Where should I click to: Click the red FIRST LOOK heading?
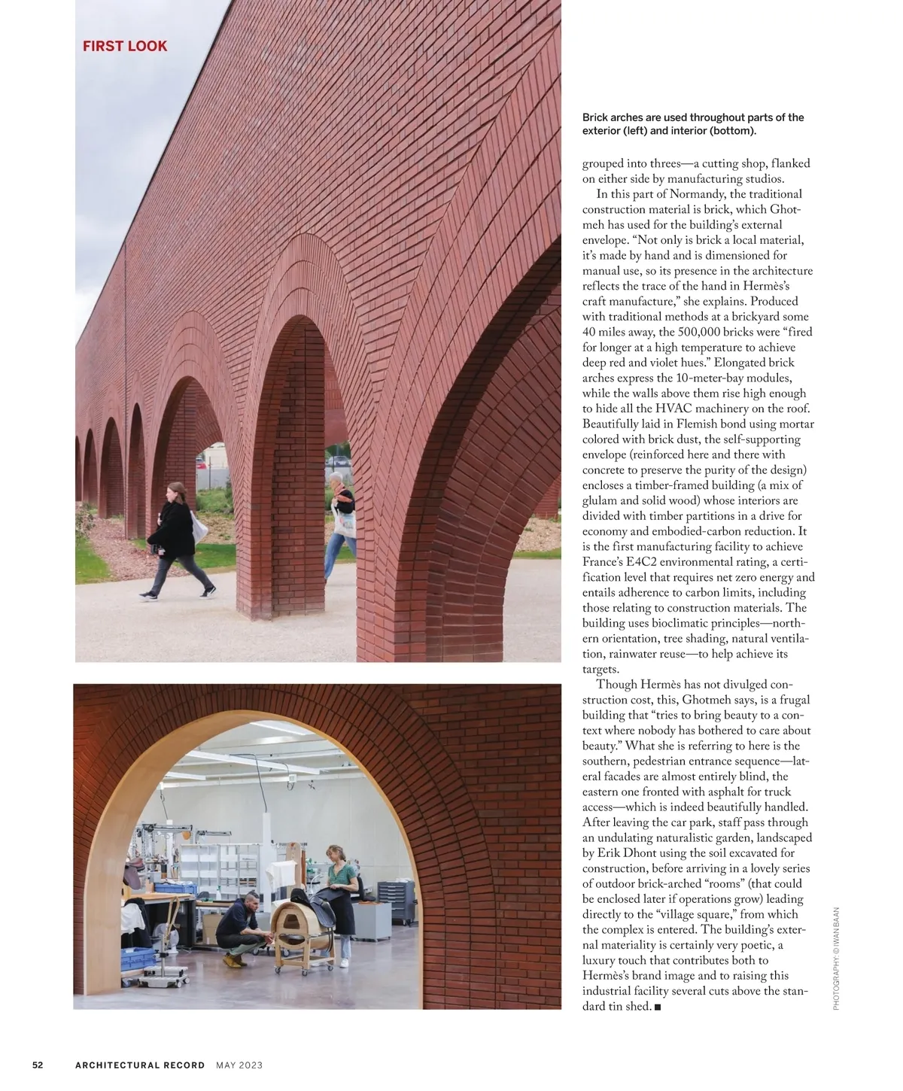(x=125, y=46)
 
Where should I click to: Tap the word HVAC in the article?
(x=674, y=409)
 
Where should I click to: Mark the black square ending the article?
(x=658, y=1007)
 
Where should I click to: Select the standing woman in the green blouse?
(x=339, y=899)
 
